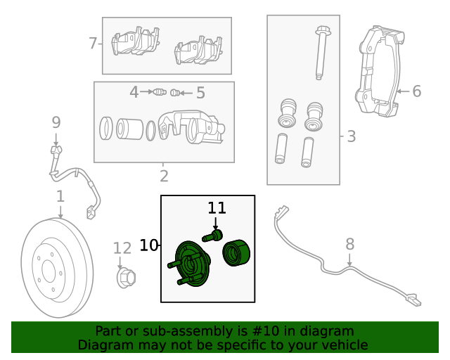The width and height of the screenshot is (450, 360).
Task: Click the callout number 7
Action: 93,44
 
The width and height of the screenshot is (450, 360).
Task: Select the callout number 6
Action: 416,91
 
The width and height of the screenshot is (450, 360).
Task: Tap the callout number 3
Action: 352,136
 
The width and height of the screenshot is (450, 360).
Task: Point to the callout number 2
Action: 164,176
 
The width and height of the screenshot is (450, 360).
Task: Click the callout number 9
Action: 56,122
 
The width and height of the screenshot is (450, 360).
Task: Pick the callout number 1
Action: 60,196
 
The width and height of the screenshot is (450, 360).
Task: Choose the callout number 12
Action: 122,247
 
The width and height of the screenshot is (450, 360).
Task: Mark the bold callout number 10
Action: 149,245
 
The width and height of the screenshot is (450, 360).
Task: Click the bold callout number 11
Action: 217,207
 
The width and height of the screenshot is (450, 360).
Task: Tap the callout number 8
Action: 349,245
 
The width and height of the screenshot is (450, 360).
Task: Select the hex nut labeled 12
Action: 125,278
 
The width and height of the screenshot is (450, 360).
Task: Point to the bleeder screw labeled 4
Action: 160,92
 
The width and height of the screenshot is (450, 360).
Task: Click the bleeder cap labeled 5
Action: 176,92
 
